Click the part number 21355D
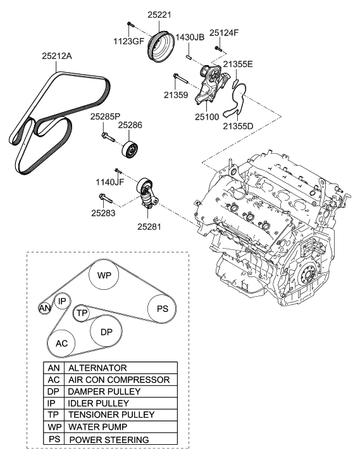point(239,126)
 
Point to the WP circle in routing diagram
point(104,276)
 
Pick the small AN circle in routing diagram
point(44,308)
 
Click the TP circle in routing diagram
point(82,313)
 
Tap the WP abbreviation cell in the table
point(53,427)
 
